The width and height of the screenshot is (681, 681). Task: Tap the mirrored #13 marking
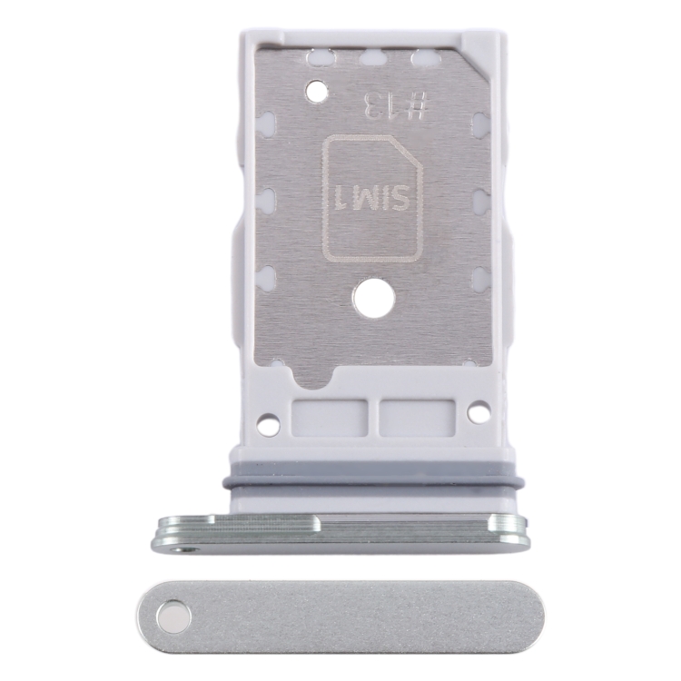(397, 106)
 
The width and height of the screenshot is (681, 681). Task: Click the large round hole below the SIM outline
(374, 300)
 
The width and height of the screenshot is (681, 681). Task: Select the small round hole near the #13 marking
(317, 91)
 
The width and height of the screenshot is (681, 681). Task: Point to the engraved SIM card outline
(372, 199)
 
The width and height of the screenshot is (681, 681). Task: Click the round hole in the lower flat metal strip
(173, 616)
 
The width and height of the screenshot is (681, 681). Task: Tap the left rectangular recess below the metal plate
(329, 418)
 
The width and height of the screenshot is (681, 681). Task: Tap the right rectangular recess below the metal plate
(418, 418)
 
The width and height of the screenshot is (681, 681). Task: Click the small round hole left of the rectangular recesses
(268, 421)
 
